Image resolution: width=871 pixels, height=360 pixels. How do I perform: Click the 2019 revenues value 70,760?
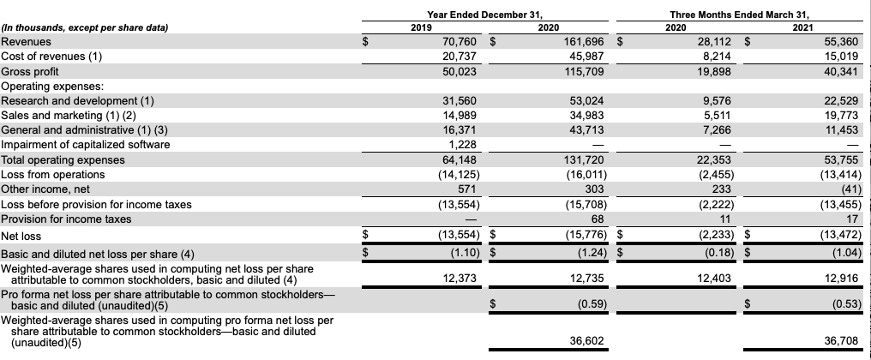[x=459, y=41]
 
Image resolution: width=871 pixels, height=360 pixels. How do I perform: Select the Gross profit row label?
[x=30, y=71]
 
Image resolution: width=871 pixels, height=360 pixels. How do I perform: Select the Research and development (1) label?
[x=77, y=100]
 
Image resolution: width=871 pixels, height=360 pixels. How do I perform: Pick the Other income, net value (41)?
[x=844, y=189]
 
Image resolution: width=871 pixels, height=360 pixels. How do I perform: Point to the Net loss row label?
[x=21, y=236]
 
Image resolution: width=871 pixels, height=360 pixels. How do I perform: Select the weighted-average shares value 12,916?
[x=840, y=278]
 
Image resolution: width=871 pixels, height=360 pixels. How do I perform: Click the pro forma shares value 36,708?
[x=840, y=341]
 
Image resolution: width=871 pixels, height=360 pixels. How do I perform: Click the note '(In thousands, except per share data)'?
[x=84, y=27]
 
